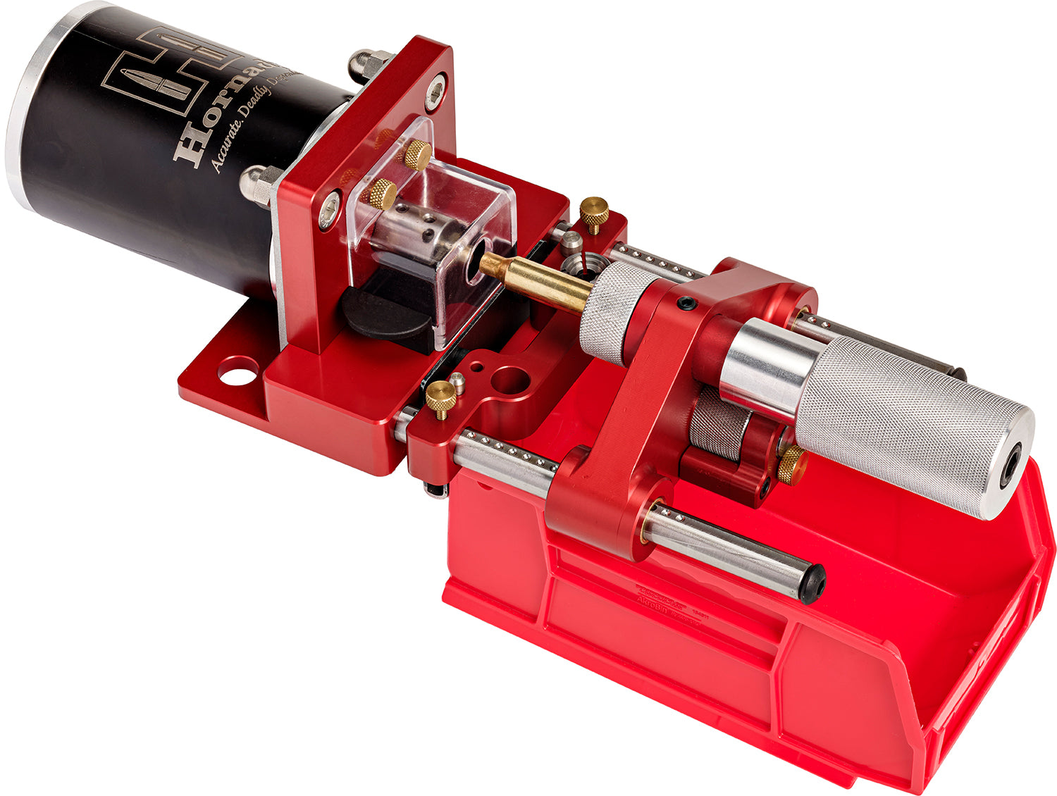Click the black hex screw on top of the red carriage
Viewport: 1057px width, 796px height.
(x=684, y=304)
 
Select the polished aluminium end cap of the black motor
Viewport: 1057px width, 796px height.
(x=28, y=92)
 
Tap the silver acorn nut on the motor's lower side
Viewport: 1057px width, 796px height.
(x=255, y=184)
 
